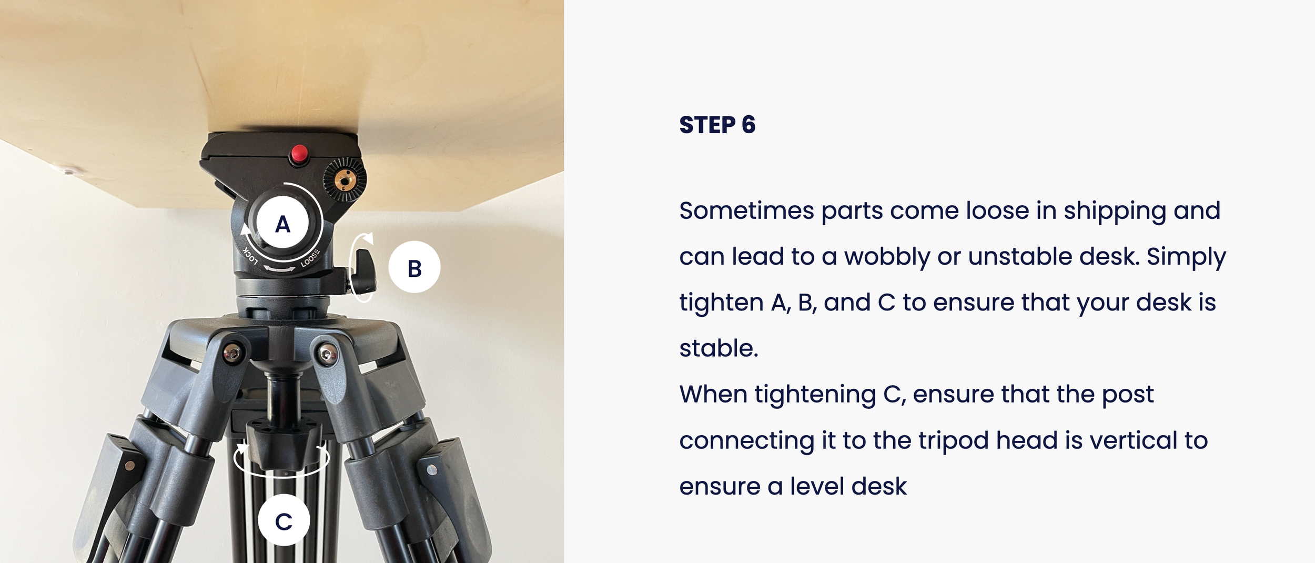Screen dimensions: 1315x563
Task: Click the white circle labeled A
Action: point(282,223)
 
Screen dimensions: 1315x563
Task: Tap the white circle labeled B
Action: point(414,267)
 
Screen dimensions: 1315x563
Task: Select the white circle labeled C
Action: point(284,520)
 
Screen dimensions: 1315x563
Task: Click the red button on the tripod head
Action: point(300,154)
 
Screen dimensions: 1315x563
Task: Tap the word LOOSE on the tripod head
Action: point(310,257)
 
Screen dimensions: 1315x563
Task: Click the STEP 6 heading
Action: point(717,125)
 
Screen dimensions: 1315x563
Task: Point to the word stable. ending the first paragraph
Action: point(719,348)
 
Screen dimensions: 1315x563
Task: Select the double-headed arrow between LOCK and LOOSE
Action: point(279,269)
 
